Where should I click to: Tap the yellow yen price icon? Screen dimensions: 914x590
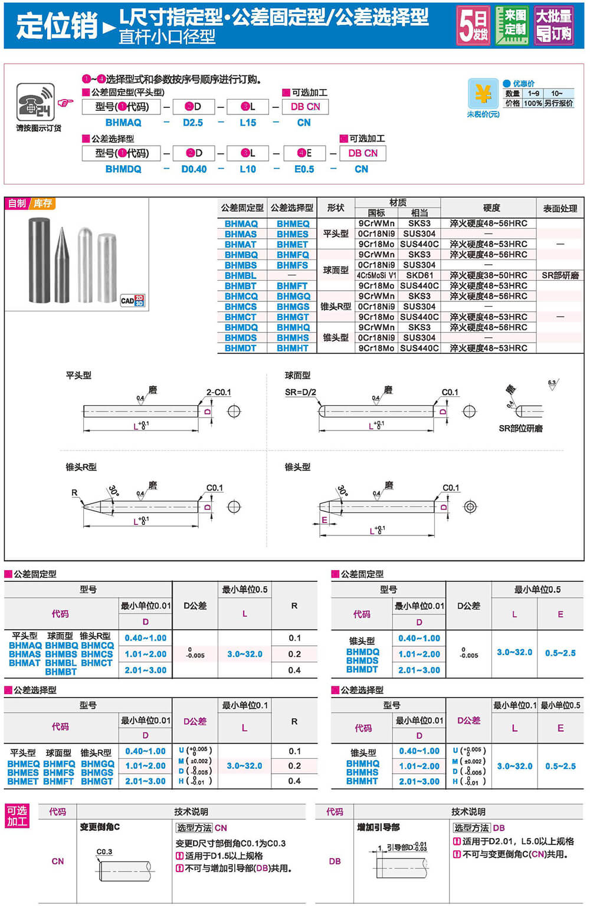483,94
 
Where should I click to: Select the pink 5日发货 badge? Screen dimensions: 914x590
473,26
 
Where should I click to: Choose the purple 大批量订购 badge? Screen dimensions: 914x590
553,26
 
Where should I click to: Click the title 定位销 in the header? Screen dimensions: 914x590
57,25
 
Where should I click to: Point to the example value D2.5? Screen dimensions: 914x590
193,123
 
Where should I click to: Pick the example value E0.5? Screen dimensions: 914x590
304,169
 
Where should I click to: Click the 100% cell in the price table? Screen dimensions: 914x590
533,103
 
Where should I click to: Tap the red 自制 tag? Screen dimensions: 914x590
17,203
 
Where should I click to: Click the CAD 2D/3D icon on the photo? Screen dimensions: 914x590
133,300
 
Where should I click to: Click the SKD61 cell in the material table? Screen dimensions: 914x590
419,275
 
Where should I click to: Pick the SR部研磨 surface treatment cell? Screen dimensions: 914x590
560,275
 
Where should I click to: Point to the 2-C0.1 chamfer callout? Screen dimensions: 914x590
218,392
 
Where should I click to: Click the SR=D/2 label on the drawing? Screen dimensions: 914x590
300,392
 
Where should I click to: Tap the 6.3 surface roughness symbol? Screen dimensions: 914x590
552,384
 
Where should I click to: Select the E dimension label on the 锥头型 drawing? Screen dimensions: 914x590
324,520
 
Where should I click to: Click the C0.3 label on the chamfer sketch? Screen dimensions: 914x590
104,851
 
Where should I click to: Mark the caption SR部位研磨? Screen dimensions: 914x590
520,429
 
